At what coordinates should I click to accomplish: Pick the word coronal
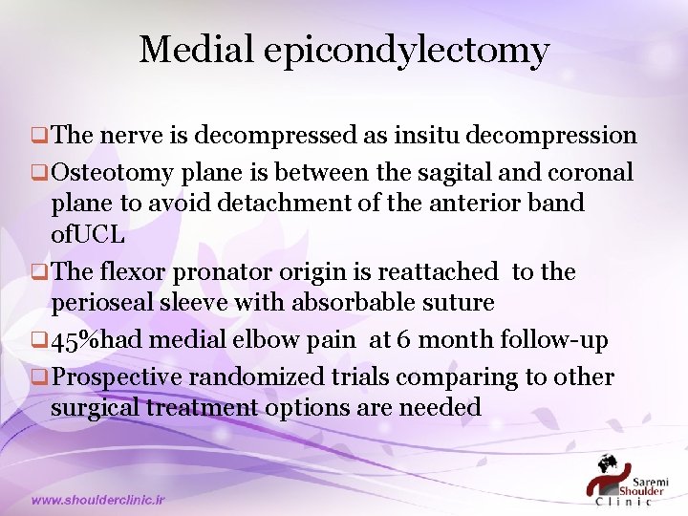[x=590, y=172]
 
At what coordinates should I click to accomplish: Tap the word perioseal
[x=105, y=304]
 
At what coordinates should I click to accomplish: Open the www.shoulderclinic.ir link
[x=97, y=499]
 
